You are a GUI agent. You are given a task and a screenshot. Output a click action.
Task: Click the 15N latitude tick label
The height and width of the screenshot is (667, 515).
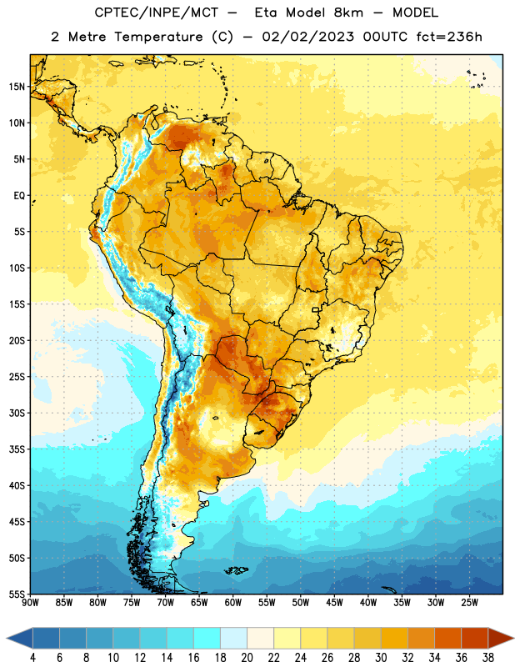[17, 87]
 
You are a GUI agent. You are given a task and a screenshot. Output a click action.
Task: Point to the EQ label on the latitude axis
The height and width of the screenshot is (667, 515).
[19, 196]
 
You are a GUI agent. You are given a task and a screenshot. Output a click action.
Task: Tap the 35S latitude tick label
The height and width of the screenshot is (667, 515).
[17, 449]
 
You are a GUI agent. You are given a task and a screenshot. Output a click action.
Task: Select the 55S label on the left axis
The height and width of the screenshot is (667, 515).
[17, 594]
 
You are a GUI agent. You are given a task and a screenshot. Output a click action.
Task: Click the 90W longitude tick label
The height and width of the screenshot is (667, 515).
[30, 603]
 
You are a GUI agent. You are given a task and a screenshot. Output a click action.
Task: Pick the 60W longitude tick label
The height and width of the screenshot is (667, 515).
[233, 603]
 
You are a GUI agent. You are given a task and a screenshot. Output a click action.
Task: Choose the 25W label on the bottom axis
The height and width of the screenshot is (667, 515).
[469, 603]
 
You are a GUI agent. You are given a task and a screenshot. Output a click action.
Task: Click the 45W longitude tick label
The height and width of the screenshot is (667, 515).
[334, 603]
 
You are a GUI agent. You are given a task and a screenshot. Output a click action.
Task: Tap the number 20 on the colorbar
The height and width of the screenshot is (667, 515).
[247, 658]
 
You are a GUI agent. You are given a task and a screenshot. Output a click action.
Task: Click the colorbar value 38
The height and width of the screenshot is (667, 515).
[487, 658]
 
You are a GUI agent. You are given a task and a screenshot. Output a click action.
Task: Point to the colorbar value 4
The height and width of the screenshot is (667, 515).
[32, 658]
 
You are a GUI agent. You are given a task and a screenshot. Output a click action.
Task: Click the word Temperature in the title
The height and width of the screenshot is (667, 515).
[158, 37]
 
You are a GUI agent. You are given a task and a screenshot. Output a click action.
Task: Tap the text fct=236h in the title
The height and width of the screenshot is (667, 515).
[449, 37]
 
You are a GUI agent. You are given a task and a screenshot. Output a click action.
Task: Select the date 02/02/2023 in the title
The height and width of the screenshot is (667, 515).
[307, 37]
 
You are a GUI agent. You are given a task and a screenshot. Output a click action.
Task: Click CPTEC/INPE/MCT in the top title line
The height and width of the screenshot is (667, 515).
[157, 13]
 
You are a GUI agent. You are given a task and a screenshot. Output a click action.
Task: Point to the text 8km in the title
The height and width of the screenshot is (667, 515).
[348, 13]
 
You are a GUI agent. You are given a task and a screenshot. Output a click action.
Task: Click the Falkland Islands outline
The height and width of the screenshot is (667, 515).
[236, 570]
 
